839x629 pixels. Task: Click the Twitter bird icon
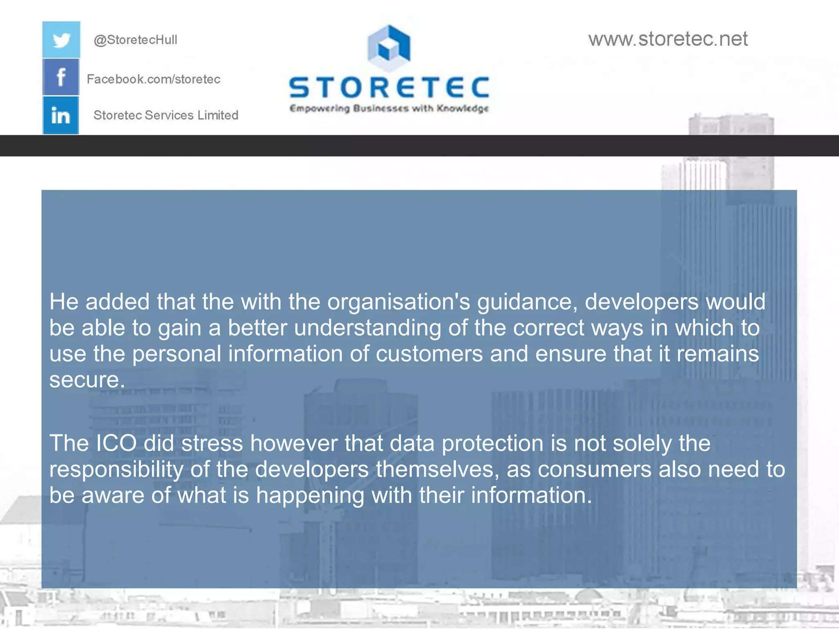click(61, 40)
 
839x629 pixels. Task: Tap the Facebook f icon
click(61, 77)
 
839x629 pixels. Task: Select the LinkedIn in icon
click(61, 115)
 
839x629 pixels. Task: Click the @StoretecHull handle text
click(135, 40)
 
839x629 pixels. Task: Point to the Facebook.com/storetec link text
click(154, 79)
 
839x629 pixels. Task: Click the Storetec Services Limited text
click(166, 115)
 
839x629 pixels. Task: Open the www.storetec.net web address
click(668, 39)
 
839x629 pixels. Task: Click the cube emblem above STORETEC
click(389, 48)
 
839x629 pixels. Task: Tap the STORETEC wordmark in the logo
click(389, 87)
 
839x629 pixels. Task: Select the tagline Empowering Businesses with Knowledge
click(389, 109)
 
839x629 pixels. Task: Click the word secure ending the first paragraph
click(86, 380)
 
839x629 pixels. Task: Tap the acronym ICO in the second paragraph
click(116, 443)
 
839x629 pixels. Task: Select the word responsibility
click(116, 469)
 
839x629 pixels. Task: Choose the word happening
click(310, 496)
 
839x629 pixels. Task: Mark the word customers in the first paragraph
click(429, 354)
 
